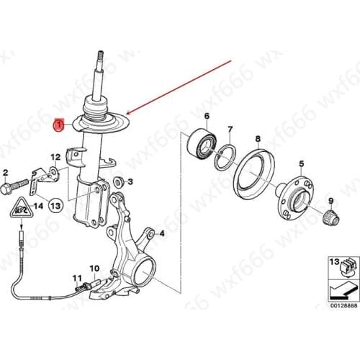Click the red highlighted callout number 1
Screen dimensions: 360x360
(60, 126)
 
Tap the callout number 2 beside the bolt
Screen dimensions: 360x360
(5, 174)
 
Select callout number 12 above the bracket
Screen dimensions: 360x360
(55, 157)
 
